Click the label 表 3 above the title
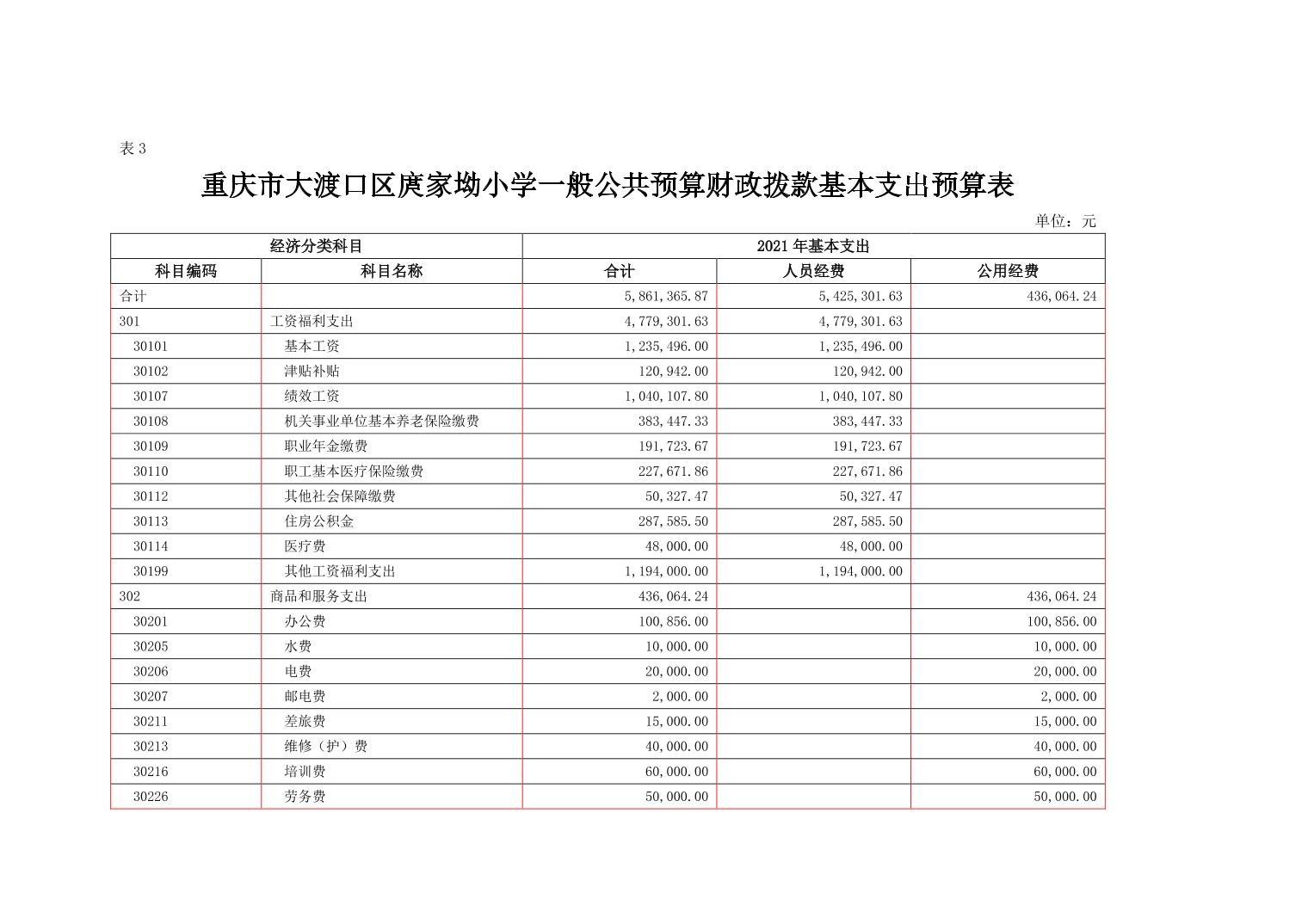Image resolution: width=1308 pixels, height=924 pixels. pos(133,149)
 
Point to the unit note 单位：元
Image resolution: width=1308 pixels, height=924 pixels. pos(1064,221)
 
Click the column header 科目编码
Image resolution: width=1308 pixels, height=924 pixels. pos(185,271)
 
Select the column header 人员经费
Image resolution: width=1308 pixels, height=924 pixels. pos(812,271)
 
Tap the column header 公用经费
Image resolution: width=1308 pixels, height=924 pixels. pos(1007,271)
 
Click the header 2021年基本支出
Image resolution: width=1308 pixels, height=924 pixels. pos(812,246)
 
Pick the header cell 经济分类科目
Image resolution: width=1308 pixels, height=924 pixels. pos(316,246)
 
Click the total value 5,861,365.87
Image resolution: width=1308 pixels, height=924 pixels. pos(665,296)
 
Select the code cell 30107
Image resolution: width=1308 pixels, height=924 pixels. pos(151,396)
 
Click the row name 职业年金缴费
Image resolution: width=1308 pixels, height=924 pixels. pos(325,446)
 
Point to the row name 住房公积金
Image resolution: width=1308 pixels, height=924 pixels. pos(318,521)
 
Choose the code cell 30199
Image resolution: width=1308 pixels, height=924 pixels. pos(151,570)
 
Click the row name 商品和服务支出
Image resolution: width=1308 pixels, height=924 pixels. pos(318,595)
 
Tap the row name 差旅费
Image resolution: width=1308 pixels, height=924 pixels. pos(305,721)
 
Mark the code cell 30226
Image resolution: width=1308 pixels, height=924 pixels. pos(151,796)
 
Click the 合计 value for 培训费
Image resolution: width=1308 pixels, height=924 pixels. pos(676,771)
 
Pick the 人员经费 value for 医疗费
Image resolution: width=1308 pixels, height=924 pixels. pos(871,545)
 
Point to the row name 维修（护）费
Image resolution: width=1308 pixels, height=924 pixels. pos(325,746)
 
